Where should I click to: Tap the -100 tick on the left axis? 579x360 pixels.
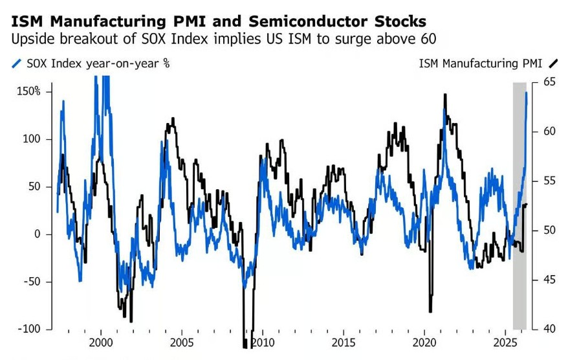point(29,329)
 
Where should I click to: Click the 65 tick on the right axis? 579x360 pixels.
point(549,82)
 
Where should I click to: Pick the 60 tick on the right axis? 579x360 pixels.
point(549,131)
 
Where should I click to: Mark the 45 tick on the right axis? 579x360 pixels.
point(549,280)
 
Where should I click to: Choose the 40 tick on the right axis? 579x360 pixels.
point(549,329)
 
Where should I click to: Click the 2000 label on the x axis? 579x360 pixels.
point(101,341)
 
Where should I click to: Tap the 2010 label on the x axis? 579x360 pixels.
point(263,341)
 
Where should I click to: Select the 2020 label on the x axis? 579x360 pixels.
point(424,341)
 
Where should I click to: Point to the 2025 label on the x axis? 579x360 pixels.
point(505,341)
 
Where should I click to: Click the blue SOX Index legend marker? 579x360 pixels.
point(16,63)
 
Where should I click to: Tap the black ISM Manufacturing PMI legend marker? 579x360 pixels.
point(553,63)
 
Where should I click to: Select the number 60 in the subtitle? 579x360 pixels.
point(426,39)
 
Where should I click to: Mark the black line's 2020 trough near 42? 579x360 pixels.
point(430,311)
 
